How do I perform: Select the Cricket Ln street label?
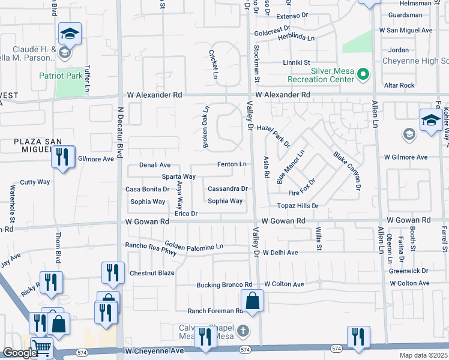[213, 64]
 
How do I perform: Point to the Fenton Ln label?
[232, 164]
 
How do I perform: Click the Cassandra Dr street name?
[228, 188]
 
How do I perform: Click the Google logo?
[19, 353]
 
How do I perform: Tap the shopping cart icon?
[41, 347]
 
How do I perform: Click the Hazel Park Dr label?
[273, 136]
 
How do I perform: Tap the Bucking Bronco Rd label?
[224, 284]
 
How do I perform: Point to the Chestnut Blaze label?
[152, 273]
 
